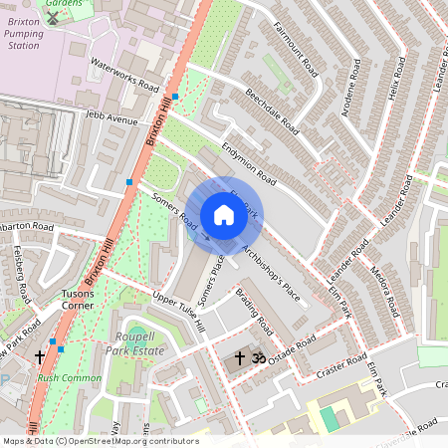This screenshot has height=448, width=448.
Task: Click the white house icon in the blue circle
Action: tap(224, 215)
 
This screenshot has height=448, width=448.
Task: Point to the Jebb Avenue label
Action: tap(112, 119)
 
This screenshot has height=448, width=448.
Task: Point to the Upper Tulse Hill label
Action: tap(178, 312)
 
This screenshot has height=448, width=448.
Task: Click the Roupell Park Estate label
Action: tap(134, 343)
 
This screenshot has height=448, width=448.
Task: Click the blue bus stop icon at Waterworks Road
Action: tap(175, 97)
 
